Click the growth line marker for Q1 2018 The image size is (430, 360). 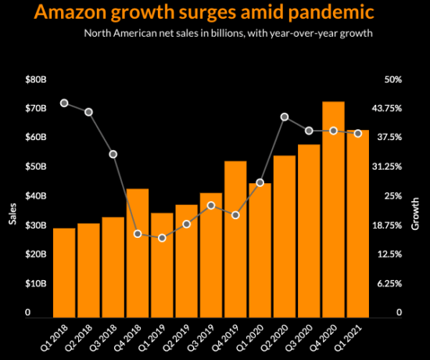[x=64, y=103]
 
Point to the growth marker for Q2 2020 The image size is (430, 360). [x=285, y=117]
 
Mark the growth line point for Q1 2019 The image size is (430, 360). [x=162, y=237]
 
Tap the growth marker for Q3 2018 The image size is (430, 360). [x=113, y=154]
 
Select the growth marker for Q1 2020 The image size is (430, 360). [x=260, y=182]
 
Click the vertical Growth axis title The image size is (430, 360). [x=415, y=208]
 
